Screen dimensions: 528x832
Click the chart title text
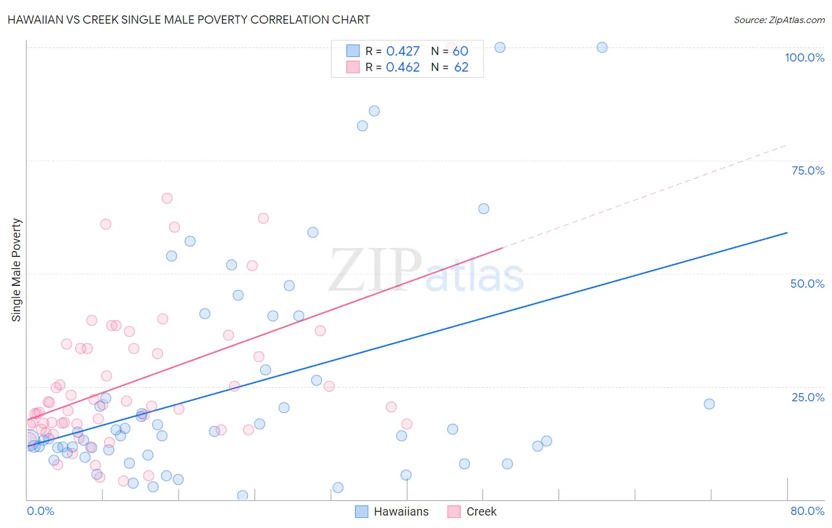189,20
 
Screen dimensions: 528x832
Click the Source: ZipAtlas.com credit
779,20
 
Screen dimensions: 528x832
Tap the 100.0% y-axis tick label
804,57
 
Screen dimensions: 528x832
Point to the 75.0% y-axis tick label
808,170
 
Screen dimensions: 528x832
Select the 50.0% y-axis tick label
807,284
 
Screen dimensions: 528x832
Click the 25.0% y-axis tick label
808,397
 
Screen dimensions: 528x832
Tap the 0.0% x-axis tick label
40,511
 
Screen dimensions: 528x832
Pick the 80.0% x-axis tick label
807,511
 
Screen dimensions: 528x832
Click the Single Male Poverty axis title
17,270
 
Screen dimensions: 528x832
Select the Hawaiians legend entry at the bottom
392,511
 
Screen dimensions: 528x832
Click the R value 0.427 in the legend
402,51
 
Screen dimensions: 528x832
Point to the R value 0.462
402,67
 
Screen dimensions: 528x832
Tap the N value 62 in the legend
461,67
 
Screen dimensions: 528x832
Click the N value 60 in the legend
460,51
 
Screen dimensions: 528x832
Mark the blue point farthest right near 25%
709,404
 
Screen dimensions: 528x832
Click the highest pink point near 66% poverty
167,198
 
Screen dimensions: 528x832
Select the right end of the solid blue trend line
787,233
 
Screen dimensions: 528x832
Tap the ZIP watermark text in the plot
375,270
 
